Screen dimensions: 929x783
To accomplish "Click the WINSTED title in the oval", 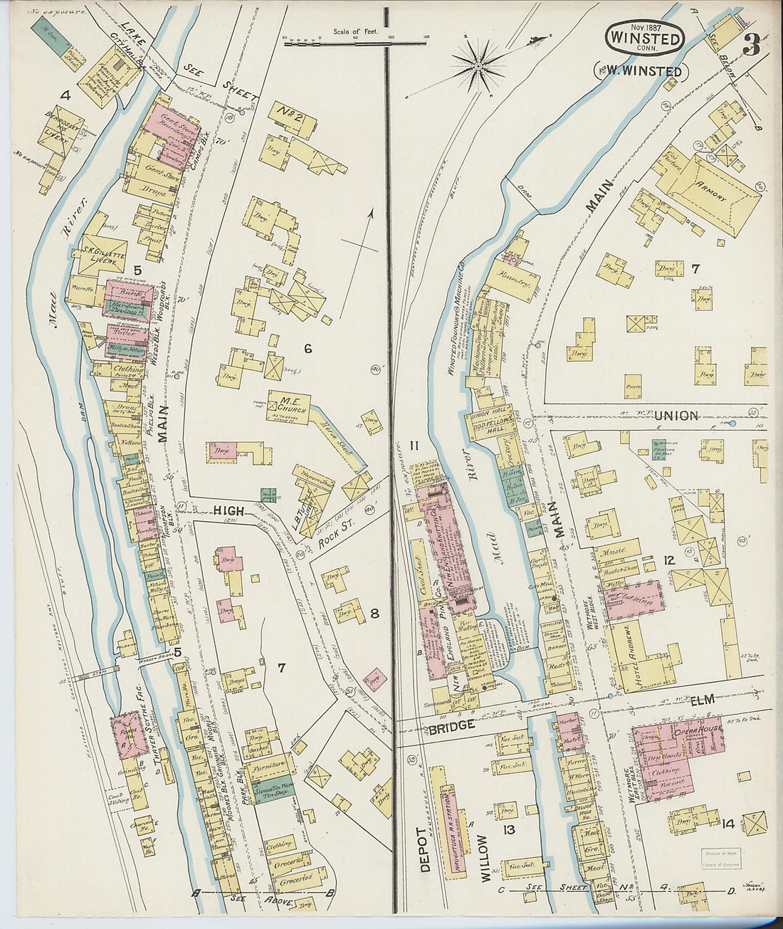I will (646, 38).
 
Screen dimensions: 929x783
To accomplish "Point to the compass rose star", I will (478, 66).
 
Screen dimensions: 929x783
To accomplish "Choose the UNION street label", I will (676, 416).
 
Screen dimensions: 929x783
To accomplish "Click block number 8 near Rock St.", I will (374, 613).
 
